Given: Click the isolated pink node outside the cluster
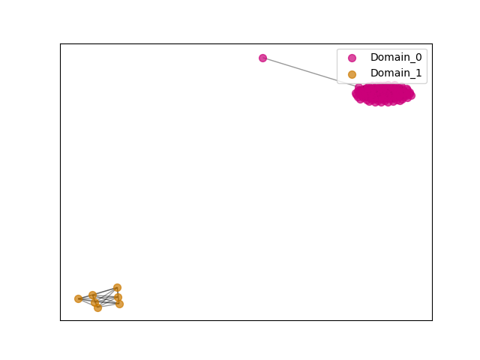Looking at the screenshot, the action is point(262,58).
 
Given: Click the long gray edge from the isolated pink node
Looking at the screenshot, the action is point(309,72).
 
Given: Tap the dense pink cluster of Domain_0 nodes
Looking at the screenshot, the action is point(383,94).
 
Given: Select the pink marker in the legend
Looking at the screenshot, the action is point(352,58).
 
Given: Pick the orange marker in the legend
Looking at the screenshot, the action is point(352,74).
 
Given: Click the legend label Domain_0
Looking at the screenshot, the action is point(396,57).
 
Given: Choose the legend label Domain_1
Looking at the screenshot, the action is point(396,73).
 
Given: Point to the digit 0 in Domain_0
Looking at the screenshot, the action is point(418,57).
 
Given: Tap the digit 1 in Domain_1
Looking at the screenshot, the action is point(418,73).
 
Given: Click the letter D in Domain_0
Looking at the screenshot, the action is point(374,57).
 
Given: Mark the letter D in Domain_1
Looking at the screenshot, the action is point(374,73).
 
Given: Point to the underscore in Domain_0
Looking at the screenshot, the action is point(412,62).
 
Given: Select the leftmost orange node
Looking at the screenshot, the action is point(78,298).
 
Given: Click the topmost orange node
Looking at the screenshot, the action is point(117,287).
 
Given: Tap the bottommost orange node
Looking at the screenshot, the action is point(97,307).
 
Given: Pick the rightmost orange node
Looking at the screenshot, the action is point(119,304).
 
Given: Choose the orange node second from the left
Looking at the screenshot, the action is point(92,295).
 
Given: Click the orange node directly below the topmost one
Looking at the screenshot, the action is point(118,297).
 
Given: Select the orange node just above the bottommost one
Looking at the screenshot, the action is point(95,302).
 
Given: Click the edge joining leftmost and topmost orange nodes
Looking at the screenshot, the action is point(98,293).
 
